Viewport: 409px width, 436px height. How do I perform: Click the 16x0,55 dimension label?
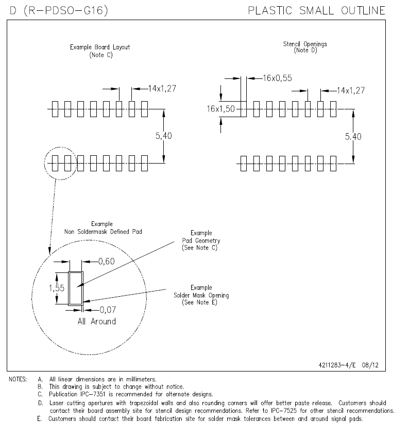click(277, 78)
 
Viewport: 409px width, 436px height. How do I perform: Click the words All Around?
click(96, 321)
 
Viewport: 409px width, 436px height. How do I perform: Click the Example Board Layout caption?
click(100, 47)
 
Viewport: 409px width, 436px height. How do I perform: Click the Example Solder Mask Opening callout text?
click(201, 295)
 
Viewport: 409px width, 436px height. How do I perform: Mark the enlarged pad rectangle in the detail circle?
click(76, 288)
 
